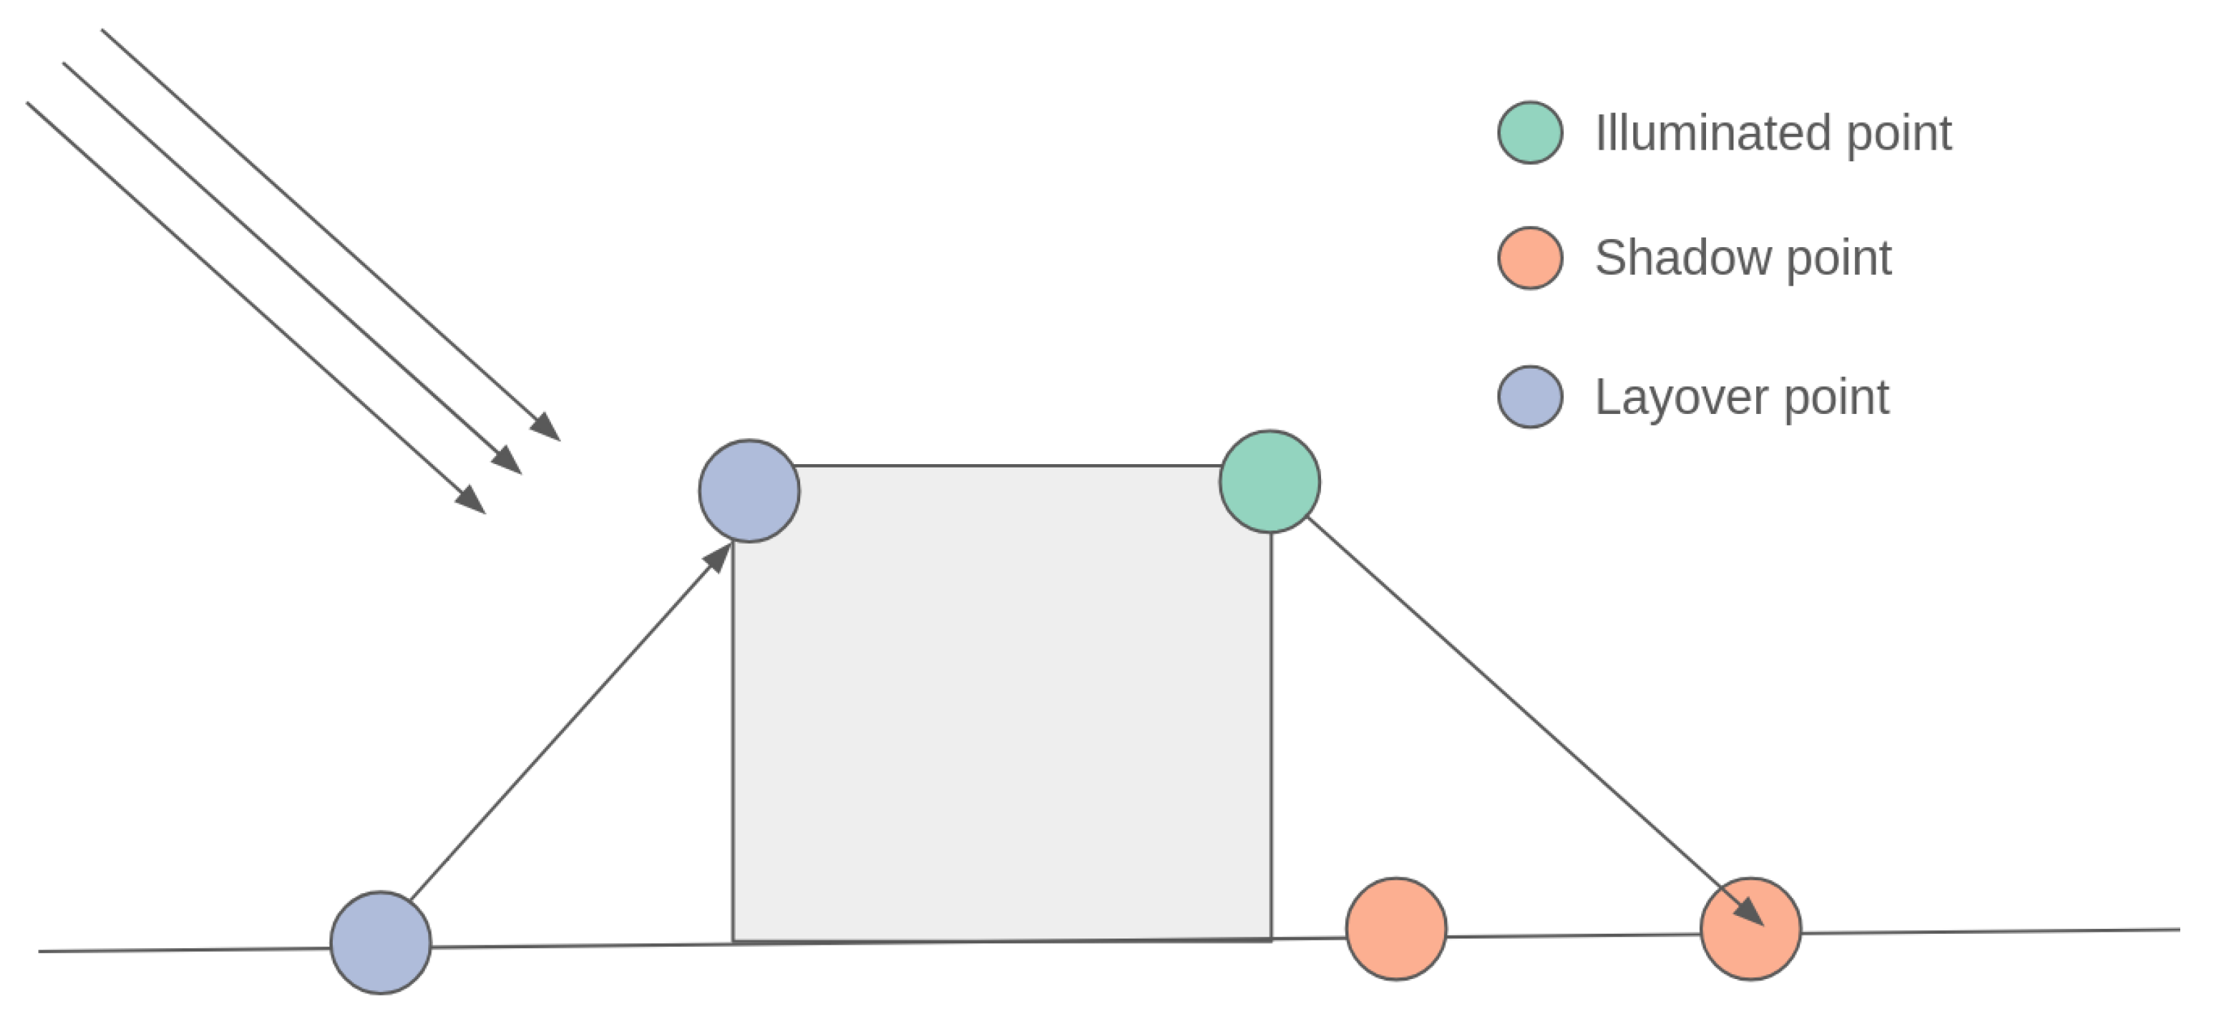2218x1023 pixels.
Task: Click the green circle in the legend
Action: [x=1530, y=133]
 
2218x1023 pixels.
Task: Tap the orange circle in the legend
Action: [x=1530, y=257]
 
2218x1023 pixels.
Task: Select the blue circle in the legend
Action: [x=1530, y=397]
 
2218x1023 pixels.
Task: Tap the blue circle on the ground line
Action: [x=381, y=943]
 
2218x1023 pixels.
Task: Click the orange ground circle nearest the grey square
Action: [x=1396, y=929]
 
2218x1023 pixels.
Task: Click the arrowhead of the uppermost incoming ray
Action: [x=546, y=427]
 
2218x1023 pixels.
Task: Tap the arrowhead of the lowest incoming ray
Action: [x=471, y=499]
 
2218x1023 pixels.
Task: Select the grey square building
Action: [x=1001, y=702]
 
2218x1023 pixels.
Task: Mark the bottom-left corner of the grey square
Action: [x=733, y=941]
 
